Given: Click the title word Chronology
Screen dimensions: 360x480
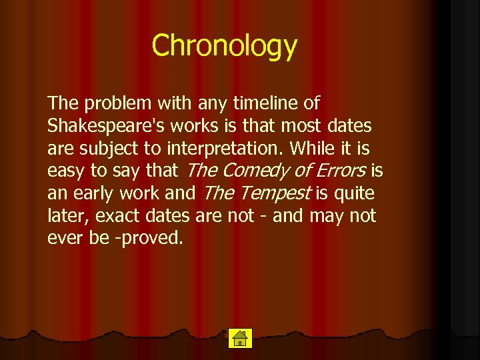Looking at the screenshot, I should [224, 46].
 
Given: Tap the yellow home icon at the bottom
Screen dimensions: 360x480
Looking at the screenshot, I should [239, 338].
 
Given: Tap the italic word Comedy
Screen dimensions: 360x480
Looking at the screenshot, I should [255, 171].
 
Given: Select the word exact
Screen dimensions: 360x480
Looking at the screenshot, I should [123, 216].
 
